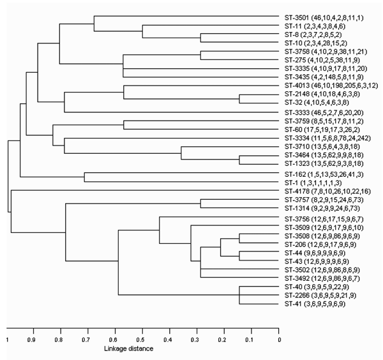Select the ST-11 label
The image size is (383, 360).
tap(315, 26)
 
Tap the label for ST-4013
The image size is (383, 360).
tap(331, 86)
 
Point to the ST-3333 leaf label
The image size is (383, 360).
tap(324, 112)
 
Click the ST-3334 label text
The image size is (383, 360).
tap(327, 139)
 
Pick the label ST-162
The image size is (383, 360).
tap(324, 174)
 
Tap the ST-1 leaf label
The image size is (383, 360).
tap(313, 183)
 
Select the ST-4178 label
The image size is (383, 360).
tap(327, 191)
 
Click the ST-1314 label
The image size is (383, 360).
tap(322, 208)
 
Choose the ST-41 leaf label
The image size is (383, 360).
tap(315, 304)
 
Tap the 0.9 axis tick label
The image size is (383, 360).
tap(31, 340)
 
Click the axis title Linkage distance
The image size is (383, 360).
tap(129, 349)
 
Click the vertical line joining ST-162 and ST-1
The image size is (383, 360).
tap(84, 177)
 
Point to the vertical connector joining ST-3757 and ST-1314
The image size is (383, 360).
tap(200, 204)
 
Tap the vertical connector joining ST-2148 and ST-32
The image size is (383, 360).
tap(239, 99)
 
